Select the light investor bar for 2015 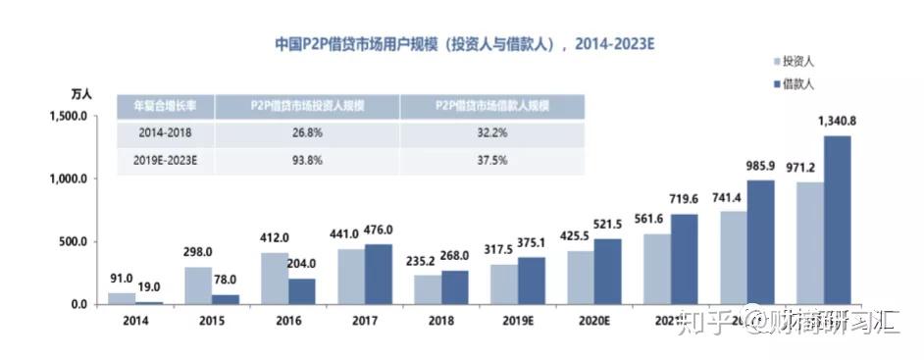(x=199, y=285)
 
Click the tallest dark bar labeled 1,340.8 (x=837, y=220)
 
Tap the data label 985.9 (x=760, y=167)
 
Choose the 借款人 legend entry (x=802, y=85)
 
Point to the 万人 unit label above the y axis (x=81, y=94)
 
